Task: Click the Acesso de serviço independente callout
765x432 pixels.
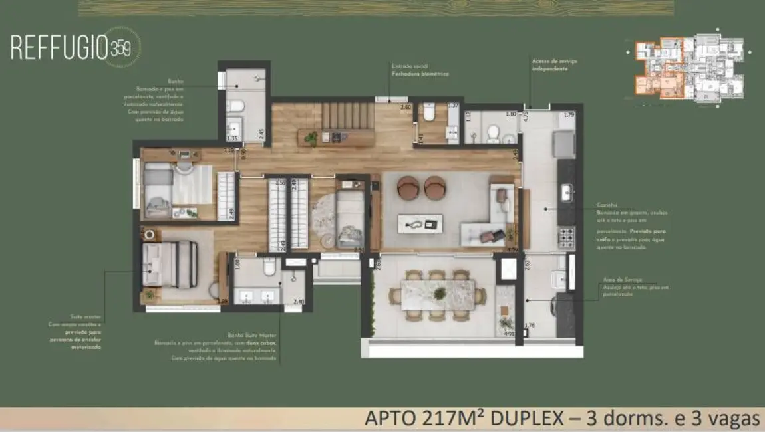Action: point(549,65)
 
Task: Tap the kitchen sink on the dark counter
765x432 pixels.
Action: point(567,194)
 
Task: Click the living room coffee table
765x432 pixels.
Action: point(420,223)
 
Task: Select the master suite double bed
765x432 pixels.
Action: point(172,265)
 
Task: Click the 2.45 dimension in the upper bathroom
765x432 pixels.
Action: point(262,132)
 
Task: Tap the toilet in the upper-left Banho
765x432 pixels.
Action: point(235,105)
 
